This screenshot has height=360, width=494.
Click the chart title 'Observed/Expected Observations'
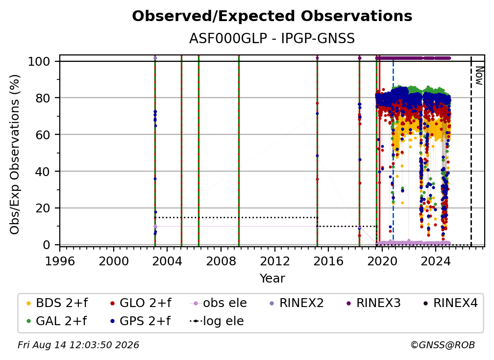(272, 16)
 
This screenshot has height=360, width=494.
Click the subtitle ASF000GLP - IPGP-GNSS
(272, 39)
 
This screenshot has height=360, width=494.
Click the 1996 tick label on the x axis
(60, 261)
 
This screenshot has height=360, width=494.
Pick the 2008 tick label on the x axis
(221, 261)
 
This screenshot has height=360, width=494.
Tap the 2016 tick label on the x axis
(328, 261)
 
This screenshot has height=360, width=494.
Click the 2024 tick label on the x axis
(435, 261)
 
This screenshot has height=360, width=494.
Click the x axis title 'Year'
(272, 279)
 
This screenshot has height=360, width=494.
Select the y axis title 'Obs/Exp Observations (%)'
(15, 154)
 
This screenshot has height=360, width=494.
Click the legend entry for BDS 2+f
(57, 303)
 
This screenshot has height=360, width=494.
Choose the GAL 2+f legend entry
(57, 321)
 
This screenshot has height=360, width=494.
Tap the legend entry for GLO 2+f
(141, 303)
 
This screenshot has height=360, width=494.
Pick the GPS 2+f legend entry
(140, 321)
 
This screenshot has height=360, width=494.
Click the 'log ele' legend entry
(217, 321)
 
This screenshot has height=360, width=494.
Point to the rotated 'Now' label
(479, 76)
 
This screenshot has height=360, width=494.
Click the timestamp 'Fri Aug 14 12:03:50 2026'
(78, 345)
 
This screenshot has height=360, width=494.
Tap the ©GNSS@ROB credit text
(443, 345)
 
